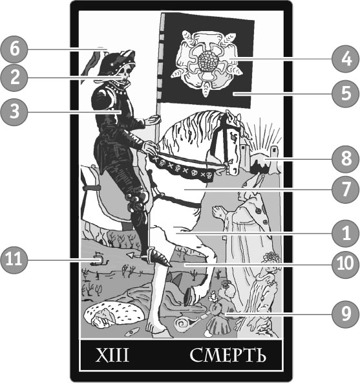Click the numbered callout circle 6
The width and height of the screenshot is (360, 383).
[14, 49]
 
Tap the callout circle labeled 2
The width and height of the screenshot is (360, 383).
[14, 78]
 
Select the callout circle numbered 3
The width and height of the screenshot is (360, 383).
[14, 112]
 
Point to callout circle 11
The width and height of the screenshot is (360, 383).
[14, 259]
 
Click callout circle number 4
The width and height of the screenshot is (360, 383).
[346, 59]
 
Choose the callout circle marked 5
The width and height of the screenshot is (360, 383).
[346, 94]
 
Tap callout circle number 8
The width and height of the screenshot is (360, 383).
[346, 159]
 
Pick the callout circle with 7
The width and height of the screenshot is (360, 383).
[346, 190]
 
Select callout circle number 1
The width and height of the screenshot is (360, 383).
[346, 234]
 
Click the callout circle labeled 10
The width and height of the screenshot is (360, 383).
[346, 264]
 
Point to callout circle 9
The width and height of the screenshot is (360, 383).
[346, 314]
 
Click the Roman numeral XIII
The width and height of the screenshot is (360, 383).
[112, 355]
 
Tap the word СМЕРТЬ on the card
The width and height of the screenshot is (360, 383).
[228, 355]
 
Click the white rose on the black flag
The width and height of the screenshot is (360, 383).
[207, 62]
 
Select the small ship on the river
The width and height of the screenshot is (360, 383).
[99, 259]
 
